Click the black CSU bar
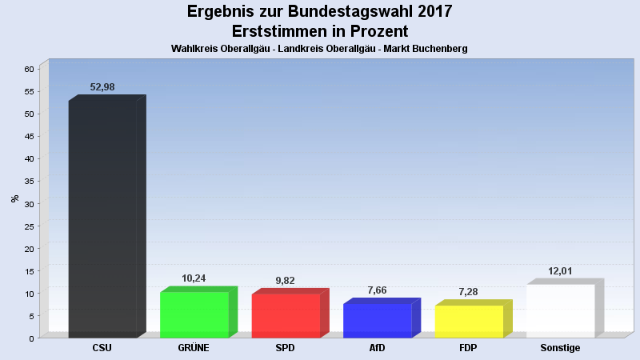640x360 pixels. click(102, 218)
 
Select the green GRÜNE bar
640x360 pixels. click(194, 314)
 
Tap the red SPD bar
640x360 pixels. click(286, 315)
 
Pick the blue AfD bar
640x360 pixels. click(377, 319)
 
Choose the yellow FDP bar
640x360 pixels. click(469, 321)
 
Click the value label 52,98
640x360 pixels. click(102, 86)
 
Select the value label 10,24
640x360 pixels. click(194, 278)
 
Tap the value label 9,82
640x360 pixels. click(286, 281)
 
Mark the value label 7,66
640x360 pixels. click(377, 290)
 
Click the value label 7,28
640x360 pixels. click(469, 292)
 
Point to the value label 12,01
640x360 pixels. click(560, 271)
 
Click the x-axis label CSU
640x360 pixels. click(102, 348)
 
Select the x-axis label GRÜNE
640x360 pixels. click(194, 348)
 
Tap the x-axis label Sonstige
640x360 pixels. click(560, 348)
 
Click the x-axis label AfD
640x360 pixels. click(377, 348)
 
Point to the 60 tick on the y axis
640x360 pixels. click(29, 69)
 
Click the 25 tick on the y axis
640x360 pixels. click(29, 226)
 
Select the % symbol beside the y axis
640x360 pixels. click(14, 198)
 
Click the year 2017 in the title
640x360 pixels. click(430, 11)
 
